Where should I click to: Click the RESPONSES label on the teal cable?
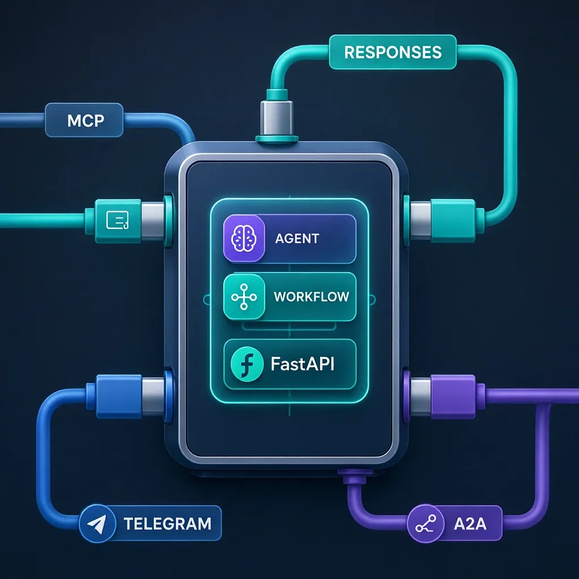click(392, 52)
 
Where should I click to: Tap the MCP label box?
click(84, 120)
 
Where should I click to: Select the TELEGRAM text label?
click(167, 524)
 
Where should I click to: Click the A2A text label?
click(470, 524)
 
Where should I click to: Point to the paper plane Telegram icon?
click(97, 524)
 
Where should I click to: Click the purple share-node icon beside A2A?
click(426, 524)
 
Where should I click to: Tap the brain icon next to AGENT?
click(244, 238)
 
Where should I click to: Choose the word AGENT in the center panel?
click(297, 239)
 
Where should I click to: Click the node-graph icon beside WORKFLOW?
click(244, 296)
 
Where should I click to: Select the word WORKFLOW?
click(312, 296)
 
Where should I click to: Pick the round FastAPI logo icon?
click(247, 364)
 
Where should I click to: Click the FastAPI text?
click(303, 364)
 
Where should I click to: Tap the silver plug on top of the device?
click(276, 118)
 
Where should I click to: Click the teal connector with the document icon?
click(118, 221)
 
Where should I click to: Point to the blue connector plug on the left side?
click(126, 396)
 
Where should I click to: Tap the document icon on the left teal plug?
click(117, 220)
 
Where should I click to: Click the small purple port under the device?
click(355, 476)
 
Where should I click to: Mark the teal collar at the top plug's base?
click(276, 139)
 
